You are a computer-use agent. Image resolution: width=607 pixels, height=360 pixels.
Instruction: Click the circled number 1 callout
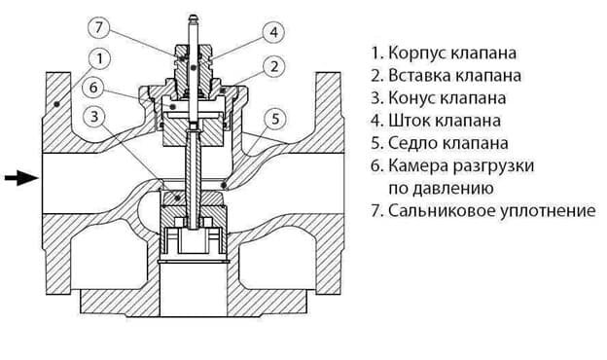[x=99, y=58]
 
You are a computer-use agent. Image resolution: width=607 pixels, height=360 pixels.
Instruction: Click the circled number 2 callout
[x=274, y=66]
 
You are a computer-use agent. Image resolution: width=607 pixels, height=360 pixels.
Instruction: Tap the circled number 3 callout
[x=94, y=116]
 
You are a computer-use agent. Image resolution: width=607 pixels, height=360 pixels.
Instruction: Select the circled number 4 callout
[x=273, y=32]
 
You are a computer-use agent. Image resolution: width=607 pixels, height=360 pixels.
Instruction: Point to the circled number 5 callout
[x=275, y=119]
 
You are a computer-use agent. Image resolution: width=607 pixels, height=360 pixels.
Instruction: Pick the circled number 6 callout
[x=93, y=88]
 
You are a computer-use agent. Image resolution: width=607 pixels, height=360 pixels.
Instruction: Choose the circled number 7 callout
[x=99, y=27]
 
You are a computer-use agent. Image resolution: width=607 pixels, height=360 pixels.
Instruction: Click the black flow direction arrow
[x=21, y=178]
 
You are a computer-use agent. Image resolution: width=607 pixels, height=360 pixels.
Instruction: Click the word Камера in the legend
[x=416, y=165]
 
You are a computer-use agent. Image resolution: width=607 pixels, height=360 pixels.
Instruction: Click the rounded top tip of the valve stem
[x=194, y=17]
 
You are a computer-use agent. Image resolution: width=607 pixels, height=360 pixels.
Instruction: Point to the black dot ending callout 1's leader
[x=56, y=104]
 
